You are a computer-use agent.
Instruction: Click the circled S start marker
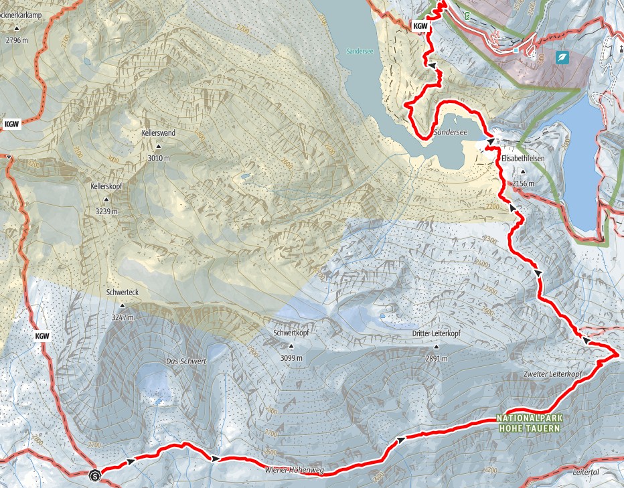pos(94,475)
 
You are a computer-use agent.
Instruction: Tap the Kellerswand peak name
pos(159,133)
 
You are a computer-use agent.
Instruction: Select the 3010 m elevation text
pos(159,158)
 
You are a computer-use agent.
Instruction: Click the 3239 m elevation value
pos(106,212)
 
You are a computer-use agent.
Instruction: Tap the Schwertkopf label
pos(291,333)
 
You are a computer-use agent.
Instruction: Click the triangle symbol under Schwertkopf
pos(291,346)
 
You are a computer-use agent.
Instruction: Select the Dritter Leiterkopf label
pos(437,333)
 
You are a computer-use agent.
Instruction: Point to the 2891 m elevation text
pos(437,358)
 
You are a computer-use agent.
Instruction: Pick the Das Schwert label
pos(185,361)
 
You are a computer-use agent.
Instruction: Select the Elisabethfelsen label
pos(523,159)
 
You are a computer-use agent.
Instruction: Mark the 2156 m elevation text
pos(523,183)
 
